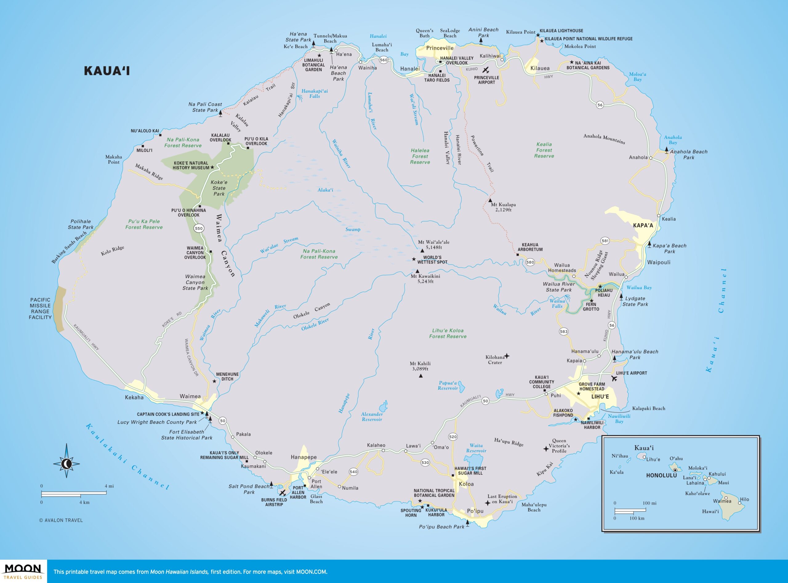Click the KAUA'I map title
(107, 71)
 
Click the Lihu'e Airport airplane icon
(614, 379)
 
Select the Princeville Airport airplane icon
(486, 70)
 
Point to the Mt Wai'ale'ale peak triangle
(422, 251)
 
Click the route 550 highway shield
(199, 228)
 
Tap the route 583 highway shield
(564, 331)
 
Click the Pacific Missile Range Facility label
(40, 309)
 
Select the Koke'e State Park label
(219, 188)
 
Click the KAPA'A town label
(643, 225)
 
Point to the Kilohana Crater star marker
(507, 356)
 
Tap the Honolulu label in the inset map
(661, 476)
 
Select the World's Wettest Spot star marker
(414, 259)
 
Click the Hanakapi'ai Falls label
(315, 94)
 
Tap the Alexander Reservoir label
(372, 417)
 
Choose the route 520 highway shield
(453, 436)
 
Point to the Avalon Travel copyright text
(61, 520)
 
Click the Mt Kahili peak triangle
(420, 376)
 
